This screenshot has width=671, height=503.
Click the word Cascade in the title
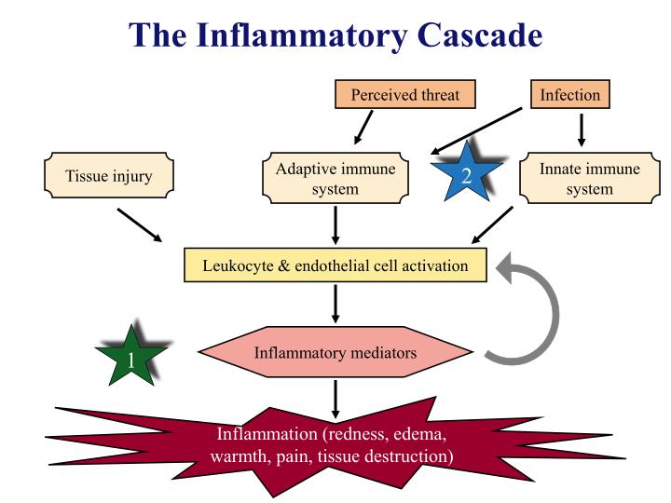pos(480,34)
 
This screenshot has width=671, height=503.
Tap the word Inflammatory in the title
pos(301,36)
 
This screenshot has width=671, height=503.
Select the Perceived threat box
pos(404,94)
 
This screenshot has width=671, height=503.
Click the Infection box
pos(570,94)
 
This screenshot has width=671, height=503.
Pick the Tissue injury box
pos(109,175)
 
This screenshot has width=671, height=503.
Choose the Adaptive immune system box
pos(335,178)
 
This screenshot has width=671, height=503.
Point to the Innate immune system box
pos(590,178)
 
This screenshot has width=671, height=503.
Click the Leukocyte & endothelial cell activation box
pos(335,265)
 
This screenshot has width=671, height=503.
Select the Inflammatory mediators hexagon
pos(335,352)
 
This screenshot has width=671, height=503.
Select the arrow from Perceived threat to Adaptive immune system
pos(363,128)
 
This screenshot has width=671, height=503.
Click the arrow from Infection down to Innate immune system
pos(582,130)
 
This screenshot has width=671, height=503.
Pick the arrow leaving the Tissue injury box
pos(140,225)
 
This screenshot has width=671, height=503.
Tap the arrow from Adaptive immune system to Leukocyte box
pos(335,225)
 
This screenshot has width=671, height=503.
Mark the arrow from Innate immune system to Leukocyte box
pos(492,225)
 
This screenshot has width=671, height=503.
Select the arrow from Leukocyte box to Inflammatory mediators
pos(335,304)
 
